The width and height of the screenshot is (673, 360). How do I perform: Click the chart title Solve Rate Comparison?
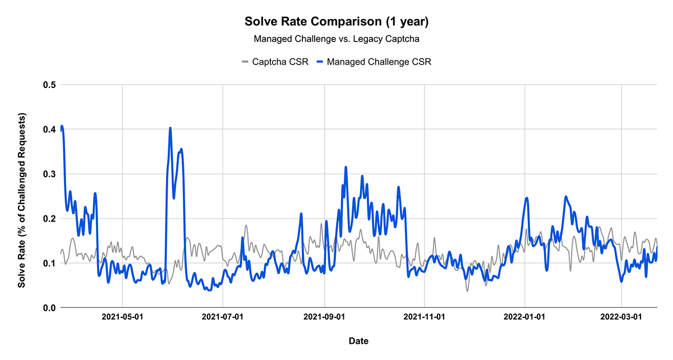coord(336,22)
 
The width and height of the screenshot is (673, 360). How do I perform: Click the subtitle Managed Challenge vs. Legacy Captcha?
coord(336,39)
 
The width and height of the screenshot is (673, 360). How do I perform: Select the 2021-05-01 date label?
coord(122,317)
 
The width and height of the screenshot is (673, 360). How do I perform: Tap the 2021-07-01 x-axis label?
coord(223,317)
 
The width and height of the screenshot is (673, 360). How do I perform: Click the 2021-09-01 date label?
coord(325,317)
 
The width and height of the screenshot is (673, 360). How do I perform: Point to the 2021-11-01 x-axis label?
coord(425,317)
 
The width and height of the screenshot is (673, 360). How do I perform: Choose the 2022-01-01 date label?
coord(525,317)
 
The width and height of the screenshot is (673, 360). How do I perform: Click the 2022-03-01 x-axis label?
coord(622,317)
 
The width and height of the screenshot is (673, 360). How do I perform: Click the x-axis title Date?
coord(358,340)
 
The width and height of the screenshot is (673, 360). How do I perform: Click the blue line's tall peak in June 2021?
coord(170,128)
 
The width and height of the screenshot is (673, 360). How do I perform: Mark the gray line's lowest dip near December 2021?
coord(467,290)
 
